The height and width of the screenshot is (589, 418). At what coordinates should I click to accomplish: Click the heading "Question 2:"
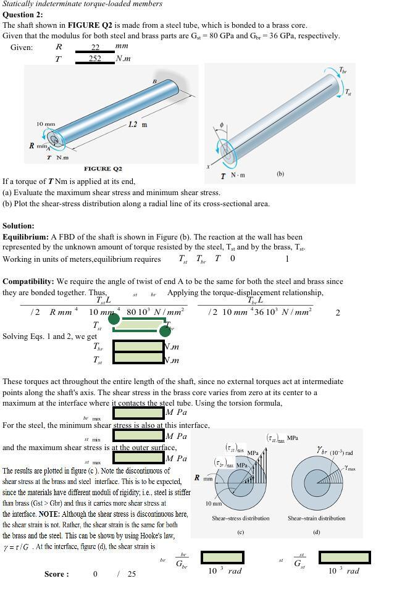point(23,14)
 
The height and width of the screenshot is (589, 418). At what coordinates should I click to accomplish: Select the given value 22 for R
point(95,47)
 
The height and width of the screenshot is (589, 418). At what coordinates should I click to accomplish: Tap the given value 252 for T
point(94,59)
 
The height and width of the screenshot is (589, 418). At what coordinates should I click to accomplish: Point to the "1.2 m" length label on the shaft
point(138,124)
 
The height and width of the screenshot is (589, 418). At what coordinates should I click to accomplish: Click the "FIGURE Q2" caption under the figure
point(103,169)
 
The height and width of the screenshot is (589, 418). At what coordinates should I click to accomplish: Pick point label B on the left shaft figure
point(154,81)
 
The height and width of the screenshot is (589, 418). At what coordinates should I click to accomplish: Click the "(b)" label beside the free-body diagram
point(280,174)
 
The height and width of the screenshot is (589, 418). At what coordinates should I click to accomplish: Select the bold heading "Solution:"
point(19,226)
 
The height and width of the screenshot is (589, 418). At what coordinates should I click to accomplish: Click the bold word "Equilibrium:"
point(25,236)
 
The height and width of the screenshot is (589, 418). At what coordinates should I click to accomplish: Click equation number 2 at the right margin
point(338,312)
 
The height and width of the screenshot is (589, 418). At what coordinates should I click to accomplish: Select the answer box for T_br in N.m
point(138,346)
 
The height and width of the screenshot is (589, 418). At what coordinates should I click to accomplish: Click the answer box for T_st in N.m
point(138,359)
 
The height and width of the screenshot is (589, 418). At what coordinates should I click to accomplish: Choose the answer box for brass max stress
point(138,412)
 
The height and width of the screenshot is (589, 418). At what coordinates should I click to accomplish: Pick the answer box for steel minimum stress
point(138,436)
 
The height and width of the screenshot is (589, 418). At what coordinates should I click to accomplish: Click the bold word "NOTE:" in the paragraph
point(49,514)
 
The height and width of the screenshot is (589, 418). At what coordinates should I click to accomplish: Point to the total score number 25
point(132,574)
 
